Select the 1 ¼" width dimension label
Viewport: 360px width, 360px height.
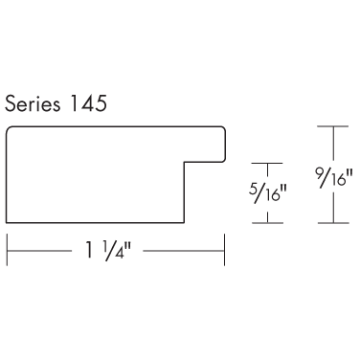[x=108, y=251]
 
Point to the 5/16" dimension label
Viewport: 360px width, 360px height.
[x=267, y=192]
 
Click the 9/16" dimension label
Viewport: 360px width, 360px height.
[x=333, y=176]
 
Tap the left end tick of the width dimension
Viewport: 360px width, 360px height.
[x=7, y=250]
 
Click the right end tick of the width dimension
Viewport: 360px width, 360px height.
[x=225, y=250]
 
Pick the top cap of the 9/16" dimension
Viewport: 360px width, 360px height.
[x=333, y=126]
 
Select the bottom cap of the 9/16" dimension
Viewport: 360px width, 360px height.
[x=333, y=223]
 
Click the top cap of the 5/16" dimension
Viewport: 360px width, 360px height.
[x=267, y=164]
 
